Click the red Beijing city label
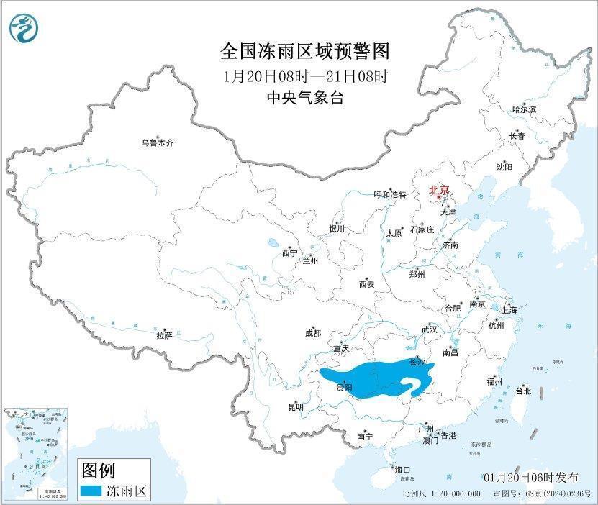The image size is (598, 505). pyautogui.click(x=439, y=191)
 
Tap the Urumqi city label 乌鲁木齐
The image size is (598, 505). pyautogui.click(x=157, y=143)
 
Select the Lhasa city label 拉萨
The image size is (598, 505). pyautogui.click(x=164, y=335)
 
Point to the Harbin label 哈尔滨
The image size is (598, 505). pyautogui.click(x=524, y=109)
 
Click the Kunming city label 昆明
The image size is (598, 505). pyautogui.click(x=296, y=407)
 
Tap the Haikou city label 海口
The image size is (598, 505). pyautogui.click(x=402, y=470)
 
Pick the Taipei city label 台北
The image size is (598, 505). pyautogui.click(x=522, y=391)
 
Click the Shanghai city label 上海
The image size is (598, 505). pyautogui.click(x=509, y=310)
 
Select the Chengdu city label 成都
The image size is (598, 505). pyautogui.click(x=313, y=333)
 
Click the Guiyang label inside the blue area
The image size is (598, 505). pyautogui.click(x=344, y=388)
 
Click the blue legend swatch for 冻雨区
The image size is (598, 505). pyautogui.click(x=91, y=492)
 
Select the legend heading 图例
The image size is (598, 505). pyautogui.click(x=96, y=471)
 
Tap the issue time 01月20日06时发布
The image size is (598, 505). pyautogui.click(x=530, y=477)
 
